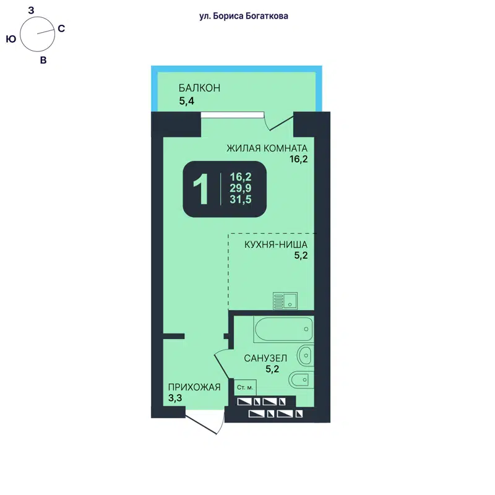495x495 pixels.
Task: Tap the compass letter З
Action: pos(31,9)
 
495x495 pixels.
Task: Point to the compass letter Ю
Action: pos(11,38)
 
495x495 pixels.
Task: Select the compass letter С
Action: pos(61,28)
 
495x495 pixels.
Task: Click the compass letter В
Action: pos(43,60)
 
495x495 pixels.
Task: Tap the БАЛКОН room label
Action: pos(199,88)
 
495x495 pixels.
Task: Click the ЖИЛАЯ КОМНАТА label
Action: pos(267,148)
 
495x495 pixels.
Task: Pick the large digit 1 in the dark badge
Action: pos(200,189)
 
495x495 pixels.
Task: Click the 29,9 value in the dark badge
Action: pos(241,187)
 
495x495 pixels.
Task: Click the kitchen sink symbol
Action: pos(285,300)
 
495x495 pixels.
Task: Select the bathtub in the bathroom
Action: pos(283,330)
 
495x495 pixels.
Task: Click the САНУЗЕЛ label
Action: pos(265,358)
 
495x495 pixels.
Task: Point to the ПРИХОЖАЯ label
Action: pos(194,387)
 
